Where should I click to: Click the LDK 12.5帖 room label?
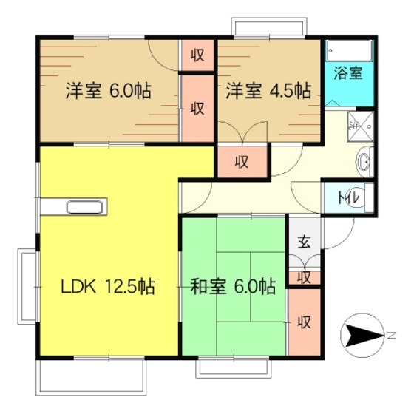pyautogui.click(x=108, y=287)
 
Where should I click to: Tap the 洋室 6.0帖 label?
pyautogui.click(x=109, y=91)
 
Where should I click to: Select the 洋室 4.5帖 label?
pyautogui.click(x=268, y=91)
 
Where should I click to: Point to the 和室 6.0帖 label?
pyautogui.click(x=233, y=287)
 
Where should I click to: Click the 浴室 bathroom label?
pyautogui.click(x=348, y=73)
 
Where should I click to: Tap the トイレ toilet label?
pyautogui.click(x=349, y=198)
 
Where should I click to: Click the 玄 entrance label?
pyautogui.click(x=305, y=242)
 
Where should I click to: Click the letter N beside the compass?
pyautogui.click(x=392, y=336)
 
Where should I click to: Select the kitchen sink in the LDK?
pyautogui.click(x=84, y=207)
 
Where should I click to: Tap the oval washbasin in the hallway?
pyautogui.click(x=364, y=162)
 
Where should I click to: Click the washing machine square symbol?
pyautogui.click(x=361, y=126)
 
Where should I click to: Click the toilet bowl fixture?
pyautogui.click(x=369, y=198)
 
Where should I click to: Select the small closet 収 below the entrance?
pyautogui.click(x=305, y=278)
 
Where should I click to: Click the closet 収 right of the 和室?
pyautogui.click(x=305, y=322)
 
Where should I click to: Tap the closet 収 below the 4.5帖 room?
pyautogui.click(x=242, y=162)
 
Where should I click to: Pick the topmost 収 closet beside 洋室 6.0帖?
pyautogui.click(x=197, y=55)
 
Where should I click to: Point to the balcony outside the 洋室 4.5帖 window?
pyautogui.click(x=269, y=26)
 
